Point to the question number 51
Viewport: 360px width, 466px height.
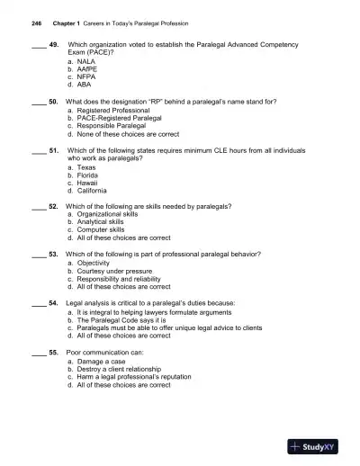click(x=53, y=149)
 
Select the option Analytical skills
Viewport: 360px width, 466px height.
click(x=103, y=223)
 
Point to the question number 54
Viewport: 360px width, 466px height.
click(x=53, y=303)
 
